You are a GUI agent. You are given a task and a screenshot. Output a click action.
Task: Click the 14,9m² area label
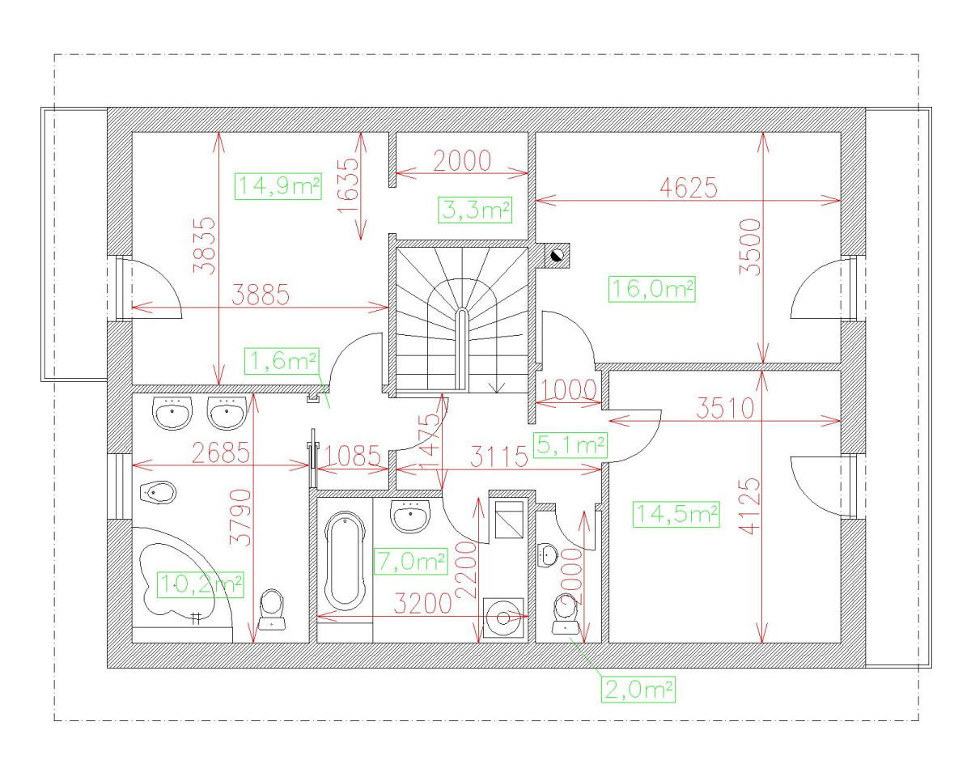click(x=278, y=186)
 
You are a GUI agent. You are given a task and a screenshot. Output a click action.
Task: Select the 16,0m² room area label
click(x=651, y=289)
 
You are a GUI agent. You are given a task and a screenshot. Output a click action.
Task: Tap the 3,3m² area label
click(x=475, y=210)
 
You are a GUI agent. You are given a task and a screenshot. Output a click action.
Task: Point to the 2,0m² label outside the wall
click(x=638, y=690)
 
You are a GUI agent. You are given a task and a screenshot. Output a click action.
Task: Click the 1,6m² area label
click(x=282, y=361)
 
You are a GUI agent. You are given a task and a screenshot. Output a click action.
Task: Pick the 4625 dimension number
click(x=688, y=187)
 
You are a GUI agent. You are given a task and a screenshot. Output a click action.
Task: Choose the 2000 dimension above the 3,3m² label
click(x=462, y=161)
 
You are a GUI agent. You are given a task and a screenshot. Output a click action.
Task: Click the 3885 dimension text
click(x=261, y=295)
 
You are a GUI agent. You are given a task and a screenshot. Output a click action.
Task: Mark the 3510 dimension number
click(x=725, y=408)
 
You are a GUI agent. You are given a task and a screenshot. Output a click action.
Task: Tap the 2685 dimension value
click(x=221, y=452)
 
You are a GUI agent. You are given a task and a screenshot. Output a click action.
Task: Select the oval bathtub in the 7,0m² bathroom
click(x=344, y=561)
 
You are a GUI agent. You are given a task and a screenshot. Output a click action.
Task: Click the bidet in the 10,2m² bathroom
click(x=158, y=493)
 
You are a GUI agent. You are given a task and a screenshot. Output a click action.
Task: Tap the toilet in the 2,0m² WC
click(x=566, y=615)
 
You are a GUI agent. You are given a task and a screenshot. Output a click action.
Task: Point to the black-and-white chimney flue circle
click(x=558, y=256)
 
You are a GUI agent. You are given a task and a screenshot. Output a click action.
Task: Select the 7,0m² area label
click(x=410, y=562)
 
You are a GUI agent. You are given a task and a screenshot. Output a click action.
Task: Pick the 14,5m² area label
click(x=676, y=514)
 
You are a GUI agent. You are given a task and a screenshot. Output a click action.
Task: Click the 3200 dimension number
click(x=422, y=603)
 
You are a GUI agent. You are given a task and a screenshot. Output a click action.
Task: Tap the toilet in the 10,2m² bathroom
click(x=272, y=609)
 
